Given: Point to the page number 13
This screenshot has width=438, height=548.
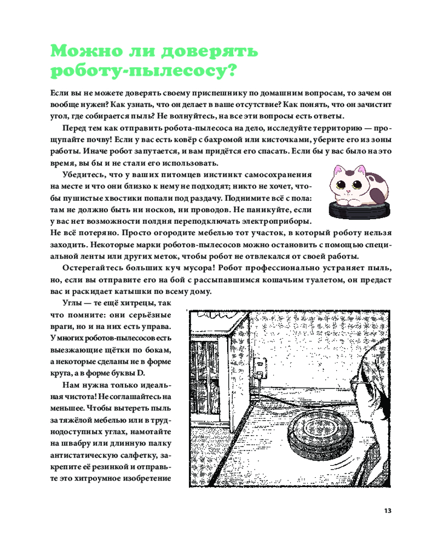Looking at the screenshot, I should click(x=387, y=511).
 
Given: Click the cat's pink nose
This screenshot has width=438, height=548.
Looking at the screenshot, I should click(x=347, y=190).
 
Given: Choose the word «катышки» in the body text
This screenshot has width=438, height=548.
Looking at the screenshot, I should click(x=126, y=292).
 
